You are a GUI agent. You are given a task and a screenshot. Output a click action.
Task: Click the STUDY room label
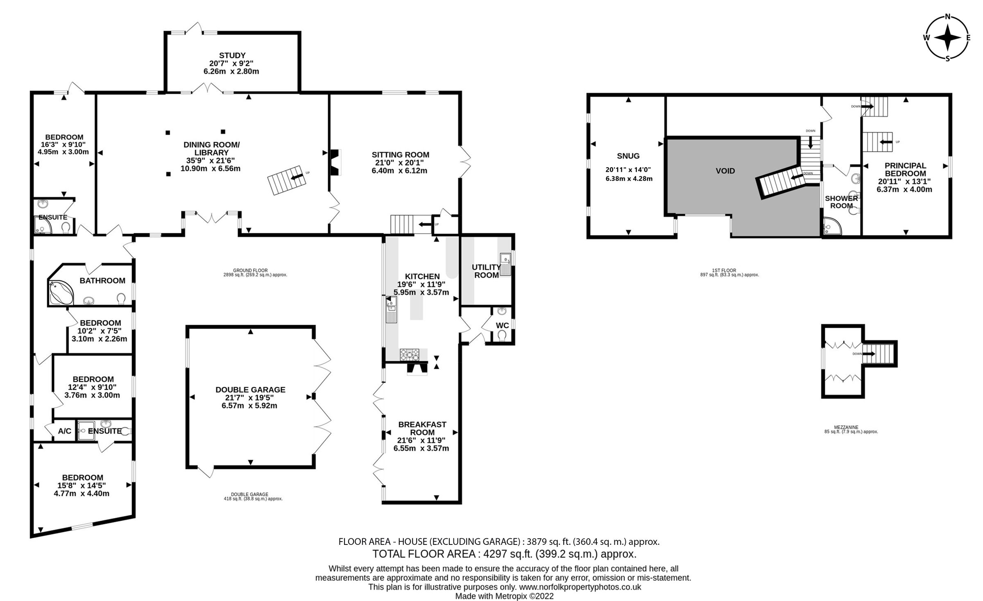tap(232, 55)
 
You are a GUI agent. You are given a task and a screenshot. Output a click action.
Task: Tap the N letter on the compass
tap(947, 28)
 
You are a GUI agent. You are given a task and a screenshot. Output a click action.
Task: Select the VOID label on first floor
tap(725, 171)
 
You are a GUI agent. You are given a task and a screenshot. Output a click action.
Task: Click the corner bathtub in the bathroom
tap(60, 293)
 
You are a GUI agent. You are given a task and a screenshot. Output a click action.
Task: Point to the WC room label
tap(502, 325)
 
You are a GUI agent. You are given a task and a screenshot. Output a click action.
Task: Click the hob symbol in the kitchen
tap(410, 354)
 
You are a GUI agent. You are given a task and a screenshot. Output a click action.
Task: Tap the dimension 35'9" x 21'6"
tap(211, 160)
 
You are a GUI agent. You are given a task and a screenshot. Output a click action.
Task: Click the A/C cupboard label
tap(64, 431)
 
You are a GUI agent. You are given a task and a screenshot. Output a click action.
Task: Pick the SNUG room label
tap(628, 156)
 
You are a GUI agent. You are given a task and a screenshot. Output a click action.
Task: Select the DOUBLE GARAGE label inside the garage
tap(250, 390)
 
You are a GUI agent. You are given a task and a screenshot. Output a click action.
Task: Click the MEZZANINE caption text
tap(851, 427)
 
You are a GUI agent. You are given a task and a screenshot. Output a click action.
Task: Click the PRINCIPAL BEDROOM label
tap(905, 169)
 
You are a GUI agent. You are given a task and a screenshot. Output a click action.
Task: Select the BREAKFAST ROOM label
tap(422, 428)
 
